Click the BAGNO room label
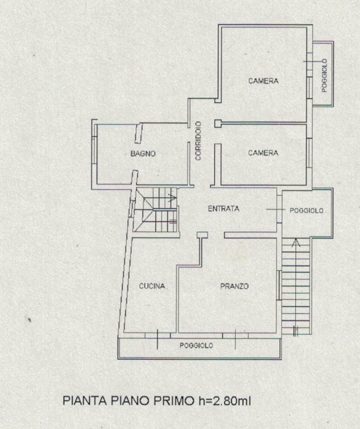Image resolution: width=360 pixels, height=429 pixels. [x=143, y=154]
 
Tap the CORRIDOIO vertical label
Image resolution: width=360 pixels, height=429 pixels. [x=198, y=141]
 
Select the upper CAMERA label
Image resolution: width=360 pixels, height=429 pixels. [x=263, y=80]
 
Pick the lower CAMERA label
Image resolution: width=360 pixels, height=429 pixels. [x=263, y=152]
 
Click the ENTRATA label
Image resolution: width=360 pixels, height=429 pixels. [x=224, y=209]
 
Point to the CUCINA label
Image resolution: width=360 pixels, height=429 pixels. [x=152, y=286]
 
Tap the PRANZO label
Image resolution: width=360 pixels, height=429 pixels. [x=234, y=286]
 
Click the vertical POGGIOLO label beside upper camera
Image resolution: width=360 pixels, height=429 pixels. [x=324, y=75]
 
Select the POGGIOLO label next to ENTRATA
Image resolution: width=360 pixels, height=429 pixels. [x=306, y=211]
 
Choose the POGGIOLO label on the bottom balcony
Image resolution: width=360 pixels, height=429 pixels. [x=196, y=346]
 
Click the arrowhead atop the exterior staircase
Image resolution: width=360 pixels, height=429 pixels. [x=295, y=242]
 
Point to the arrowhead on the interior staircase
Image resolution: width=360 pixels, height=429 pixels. [x=173, y=197]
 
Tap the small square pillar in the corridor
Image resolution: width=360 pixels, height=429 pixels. [x=218, y=123]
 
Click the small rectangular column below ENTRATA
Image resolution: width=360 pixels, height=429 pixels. [x=202, y=235]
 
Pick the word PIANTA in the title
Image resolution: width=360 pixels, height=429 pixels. [x=85, y=401]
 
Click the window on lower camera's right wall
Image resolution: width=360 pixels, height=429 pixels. [x=309, y=153]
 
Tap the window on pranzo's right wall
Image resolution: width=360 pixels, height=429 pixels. [x=279, y=285]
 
